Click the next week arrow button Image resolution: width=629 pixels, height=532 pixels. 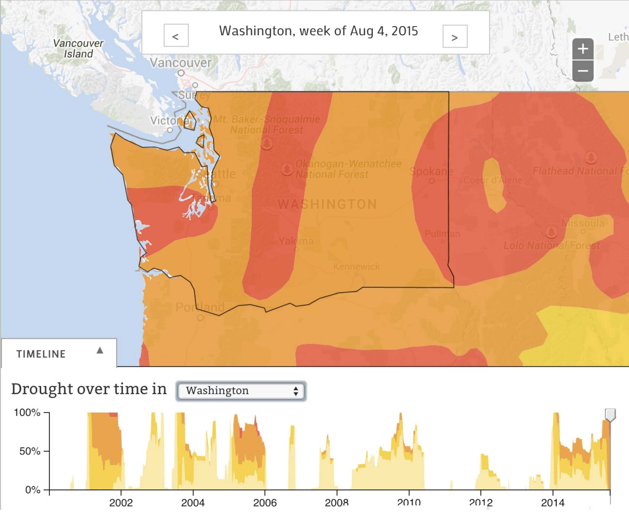pyautogui.click(x=455, y=36)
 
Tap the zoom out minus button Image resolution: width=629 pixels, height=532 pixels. pyautogui.click(x=583, y=71)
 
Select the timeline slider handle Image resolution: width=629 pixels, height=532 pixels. pyautogui.click(x=610, y=415)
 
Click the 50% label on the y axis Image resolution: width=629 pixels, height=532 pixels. pyautogui.click(x=29, y=451)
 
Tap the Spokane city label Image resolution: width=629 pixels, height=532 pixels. pyautogui.click(x=431, y=172)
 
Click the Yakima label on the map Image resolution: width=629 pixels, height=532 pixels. pyautogui.click(x=296, y=241)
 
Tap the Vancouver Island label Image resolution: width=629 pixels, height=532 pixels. pyautogui.click(x=78, y=48)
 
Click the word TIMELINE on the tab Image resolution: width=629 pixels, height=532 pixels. pyautogui.click(x=41, y=354)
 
